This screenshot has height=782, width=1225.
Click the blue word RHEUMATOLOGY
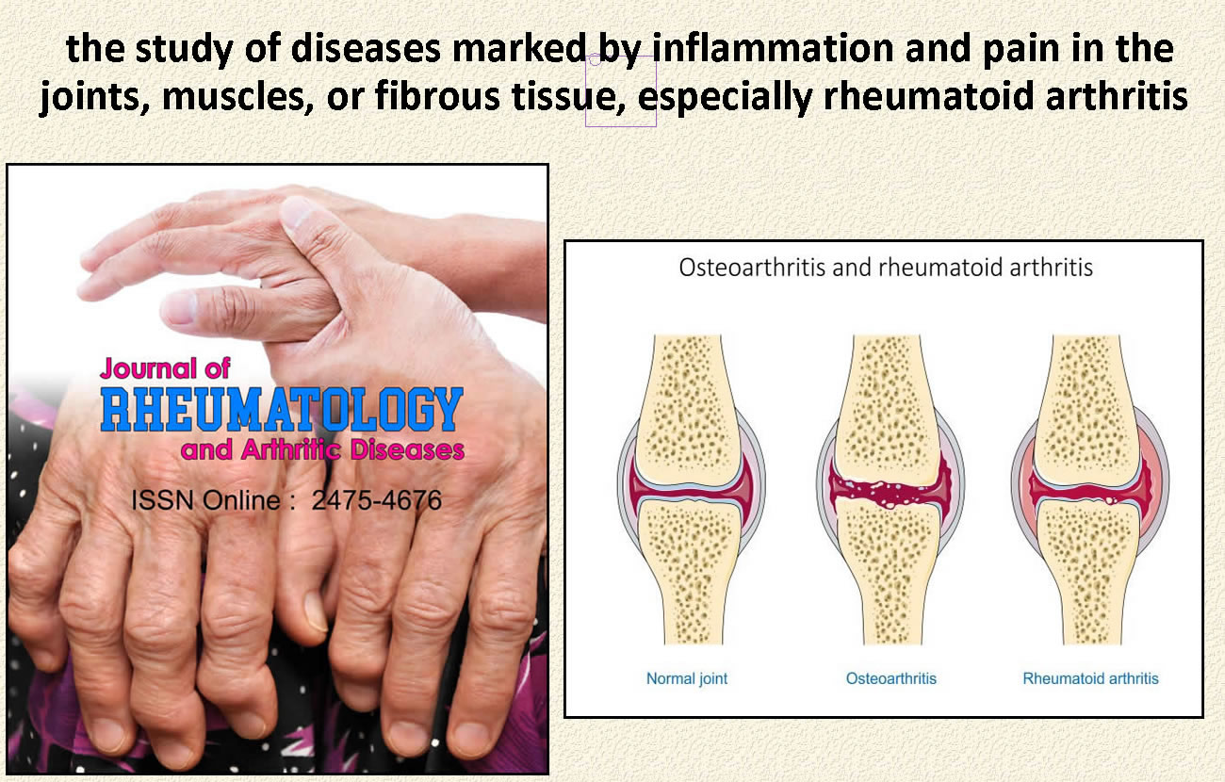[x=282, y=409]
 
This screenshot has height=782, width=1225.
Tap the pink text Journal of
[x=165, y=368]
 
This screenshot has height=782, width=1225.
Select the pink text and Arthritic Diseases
[x=322, y=449]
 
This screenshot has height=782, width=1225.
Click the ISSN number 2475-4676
[x=376, y=500]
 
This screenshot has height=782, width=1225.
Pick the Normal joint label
[x=687, y=678]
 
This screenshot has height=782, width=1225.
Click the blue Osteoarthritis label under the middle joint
[x=890, y=678]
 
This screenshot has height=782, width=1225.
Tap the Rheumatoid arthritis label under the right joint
[x=1090, y=678]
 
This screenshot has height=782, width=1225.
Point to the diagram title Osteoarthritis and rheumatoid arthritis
[x=886, y=268]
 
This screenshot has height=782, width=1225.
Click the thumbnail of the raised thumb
[x=296, y=212]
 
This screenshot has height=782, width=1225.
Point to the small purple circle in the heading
[x=595, y=60]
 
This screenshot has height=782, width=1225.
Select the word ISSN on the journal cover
[x=162, y=500]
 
